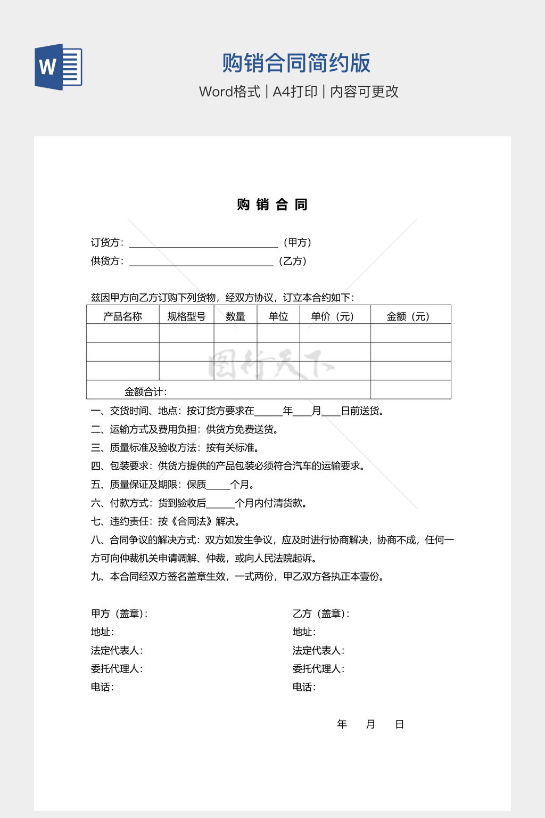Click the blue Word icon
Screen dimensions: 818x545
pyautogui.click(x=58, y=67)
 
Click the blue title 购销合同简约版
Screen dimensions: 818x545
pyautogui.click(x=296, y=63)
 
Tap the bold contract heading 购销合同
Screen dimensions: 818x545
pyautogui.click(x=272, y=204)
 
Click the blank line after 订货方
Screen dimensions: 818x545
pyautogui.click(x=203, y=243)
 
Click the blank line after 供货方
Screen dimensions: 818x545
pyautogui.click(x=201, y=261)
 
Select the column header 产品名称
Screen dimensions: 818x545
pyautogui.click(x=122, y=316)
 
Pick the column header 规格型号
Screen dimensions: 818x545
pyautogui.click(x=186, y=316)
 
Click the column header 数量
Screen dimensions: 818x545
pyautogui.click(x=235, y=316)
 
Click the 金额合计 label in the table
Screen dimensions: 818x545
pyautogui.click(x=145, y=392)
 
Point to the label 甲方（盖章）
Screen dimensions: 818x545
pyautogui.click(x=119, y=613)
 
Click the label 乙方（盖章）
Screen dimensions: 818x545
pyautogui.click(x=320, y=613)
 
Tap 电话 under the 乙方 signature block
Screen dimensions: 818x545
pyautogui.click(x=303, y=687)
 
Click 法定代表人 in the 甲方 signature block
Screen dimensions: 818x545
pyautogui.click(x=116, y=650)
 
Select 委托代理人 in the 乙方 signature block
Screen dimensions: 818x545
pyautogui.click(x=318, y=668)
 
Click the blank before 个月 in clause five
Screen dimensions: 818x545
pyautogui.click(x=218, y=485)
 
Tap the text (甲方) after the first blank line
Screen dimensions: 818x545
pyautogui.click(x=297, y=243)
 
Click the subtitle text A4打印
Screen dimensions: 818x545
pyautogui.click(x=295, y=92)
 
